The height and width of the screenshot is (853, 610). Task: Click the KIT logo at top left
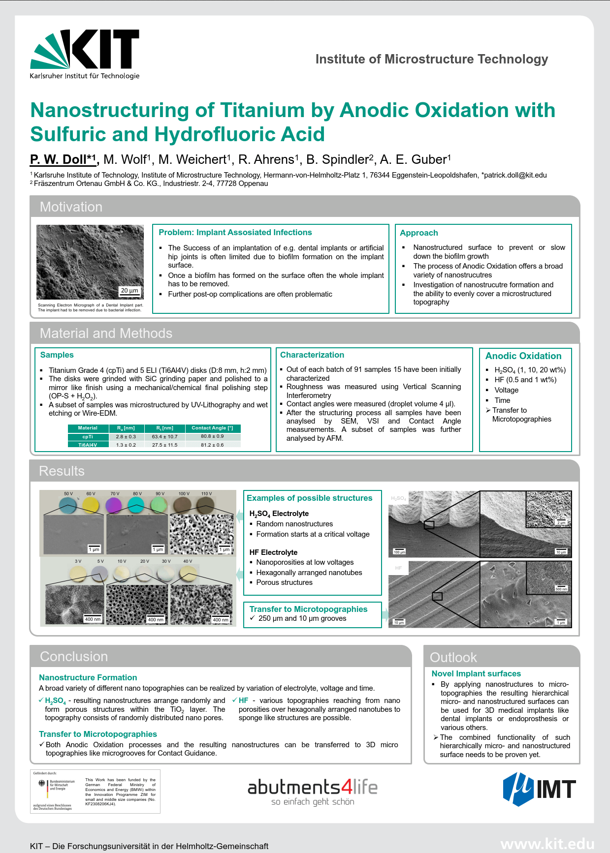(85, 54)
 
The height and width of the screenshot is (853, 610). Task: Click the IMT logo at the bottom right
(539, 789)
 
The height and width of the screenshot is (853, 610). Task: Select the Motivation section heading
(71, 207)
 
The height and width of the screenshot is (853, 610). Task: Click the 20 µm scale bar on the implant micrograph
(130, 291)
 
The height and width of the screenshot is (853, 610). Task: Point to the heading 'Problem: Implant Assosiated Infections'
(235, 233)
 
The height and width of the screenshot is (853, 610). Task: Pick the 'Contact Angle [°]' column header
(212, 428)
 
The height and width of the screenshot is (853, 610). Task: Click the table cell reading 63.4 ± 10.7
(164, 437)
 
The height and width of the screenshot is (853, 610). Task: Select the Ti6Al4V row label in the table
(88, 445)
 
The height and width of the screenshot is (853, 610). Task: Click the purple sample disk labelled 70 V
(113, 505)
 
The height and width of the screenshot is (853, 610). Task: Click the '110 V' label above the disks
(206, 493)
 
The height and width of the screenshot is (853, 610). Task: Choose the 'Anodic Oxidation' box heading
(523, 356)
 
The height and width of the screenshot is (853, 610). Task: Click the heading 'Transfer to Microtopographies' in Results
(308, 609)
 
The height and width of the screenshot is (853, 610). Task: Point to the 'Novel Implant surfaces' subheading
(476, 674)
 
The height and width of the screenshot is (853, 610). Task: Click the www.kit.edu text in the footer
(547, 844)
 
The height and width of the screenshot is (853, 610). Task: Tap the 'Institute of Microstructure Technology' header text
(432, 60)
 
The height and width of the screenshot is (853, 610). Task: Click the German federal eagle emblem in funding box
(42, 784)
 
